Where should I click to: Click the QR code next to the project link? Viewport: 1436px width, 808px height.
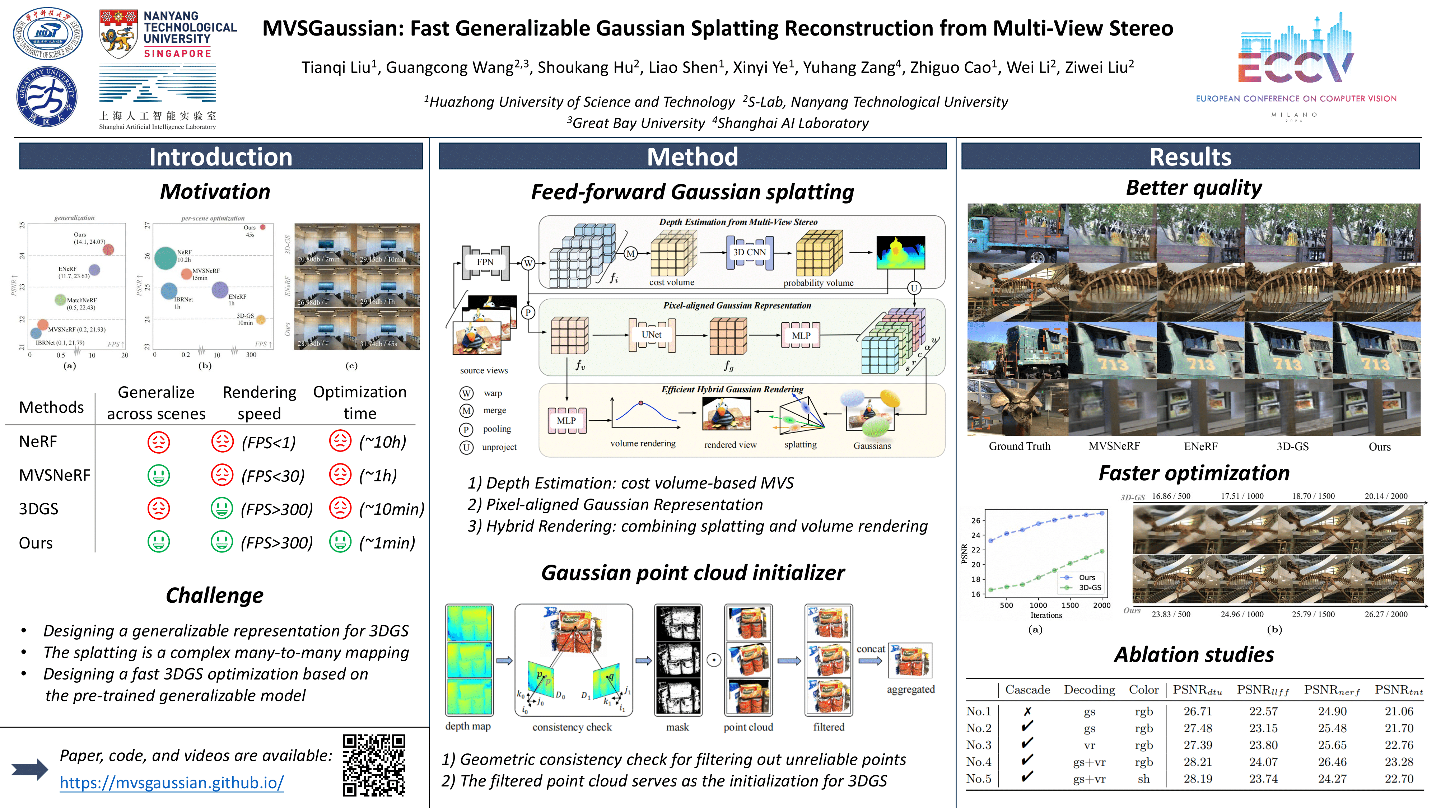pos(374,765)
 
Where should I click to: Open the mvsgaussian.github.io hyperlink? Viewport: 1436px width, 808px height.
pos(172,783)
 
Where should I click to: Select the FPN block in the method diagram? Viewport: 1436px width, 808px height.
pos(485,262)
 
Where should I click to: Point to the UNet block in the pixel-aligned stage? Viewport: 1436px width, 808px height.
pos(651,335)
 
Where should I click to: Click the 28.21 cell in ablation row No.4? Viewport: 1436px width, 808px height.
pos(1197,762)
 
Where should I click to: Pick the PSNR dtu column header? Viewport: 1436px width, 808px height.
pos(1197,690)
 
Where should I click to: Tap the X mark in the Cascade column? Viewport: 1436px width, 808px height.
pos(1027,711)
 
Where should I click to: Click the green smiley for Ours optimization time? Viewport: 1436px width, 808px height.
pos(340,542)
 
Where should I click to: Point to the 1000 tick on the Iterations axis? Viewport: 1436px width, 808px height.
pos(1038,605)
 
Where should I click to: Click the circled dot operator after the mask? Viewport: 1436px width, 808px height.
pos(714,661)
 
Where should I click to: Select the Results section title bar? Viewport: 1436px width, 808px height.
pos(1190,157)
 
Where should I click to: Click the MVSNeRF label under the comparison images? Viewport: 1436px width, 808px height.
pos(1114,446)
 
